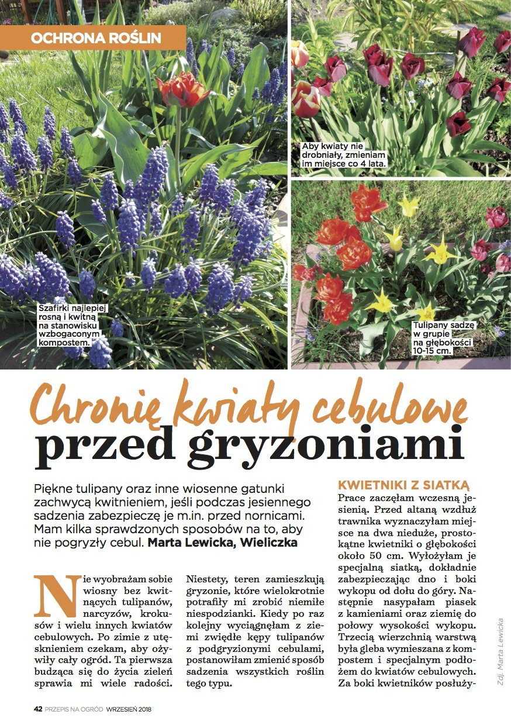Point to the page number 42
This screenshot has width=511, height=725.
tap(37, 709)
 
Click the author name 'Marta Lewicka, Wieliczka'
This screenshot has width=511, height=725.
tap(222, 543)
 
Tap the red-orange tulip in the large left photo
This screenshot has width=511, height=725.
tap(182, 89)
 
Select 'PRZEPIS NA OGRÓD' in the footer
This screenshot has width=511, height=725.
tap(74, 709)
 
